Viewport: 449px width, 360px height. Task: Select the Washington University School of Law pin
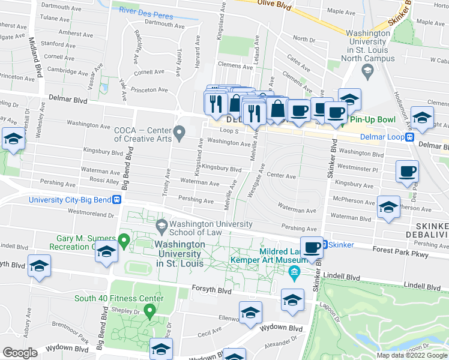(161, 226)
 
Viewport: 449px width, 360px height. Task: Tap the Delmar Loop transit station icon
(409, 136)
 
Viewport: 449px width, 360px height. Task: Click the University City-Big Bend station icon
(118, 199)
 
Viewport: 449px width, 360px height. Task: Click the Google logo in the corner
(20, 352)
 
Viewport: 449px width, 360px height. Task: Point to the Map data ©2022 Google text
(412, 355)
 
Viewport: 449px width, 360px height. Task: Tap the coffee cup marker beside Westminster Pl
(407, 172)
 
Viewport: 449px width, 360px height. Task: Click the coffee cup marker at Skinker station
(312, 248)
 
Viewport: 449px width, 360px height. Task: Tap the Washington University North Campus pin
(367, 71)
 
